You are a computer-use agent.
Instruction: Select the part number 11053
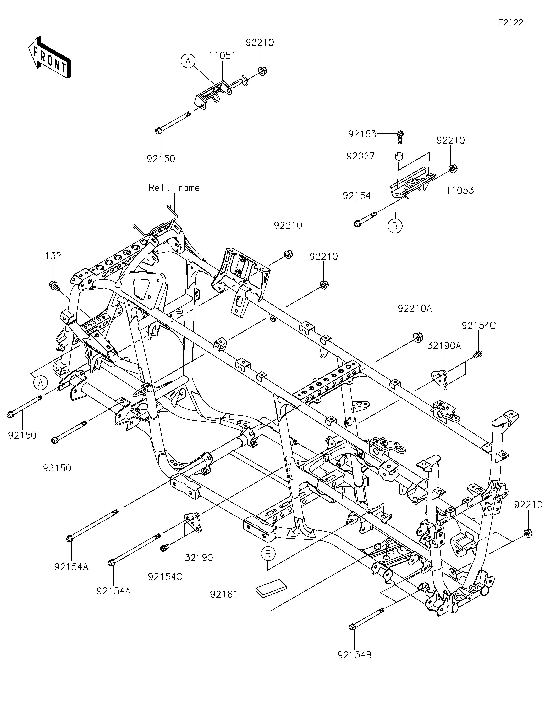tap(460, 190)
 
